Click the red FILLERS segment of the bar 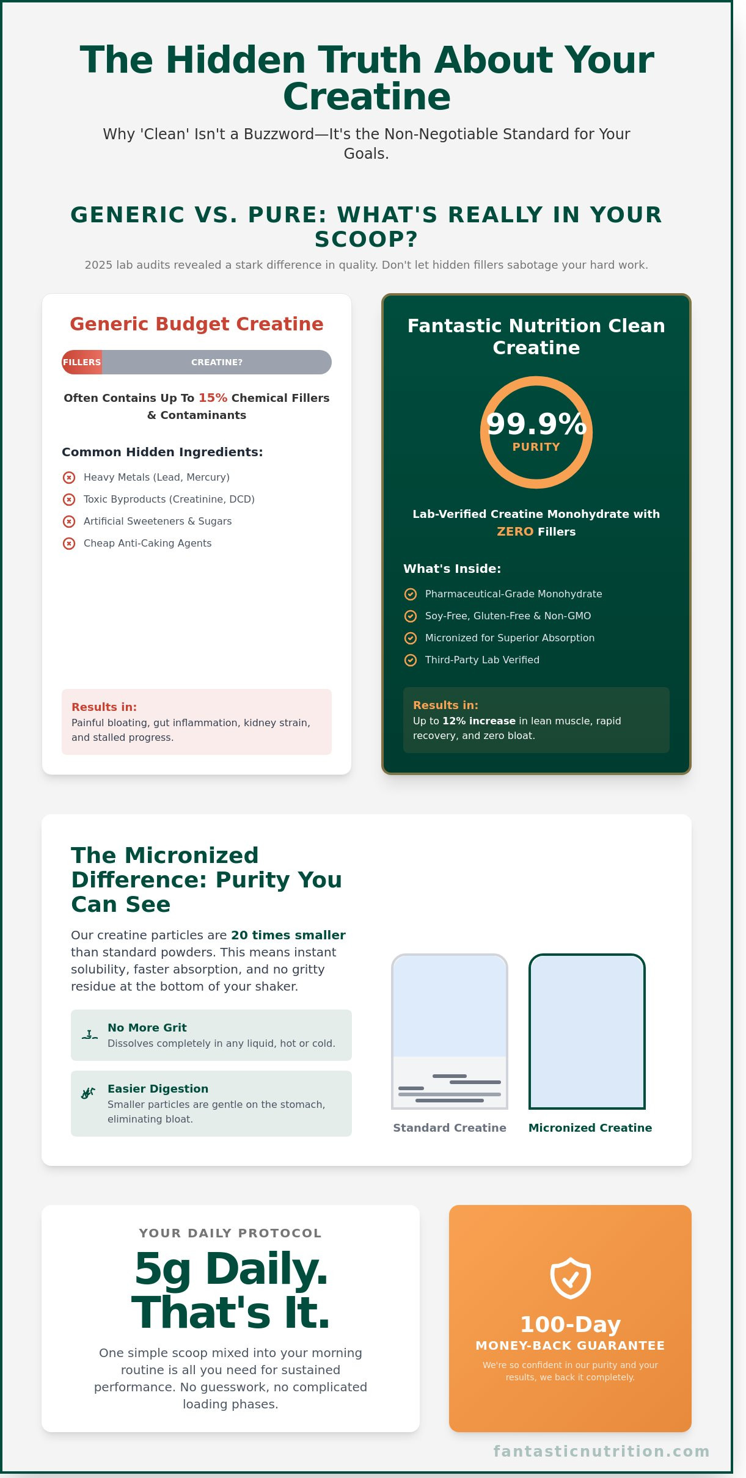[82, 362]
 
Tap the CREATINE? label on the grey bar [217, 362]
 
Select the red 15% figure [213, 398]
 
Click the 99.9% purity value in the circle [536, 424]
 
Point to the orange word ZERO [515, 531]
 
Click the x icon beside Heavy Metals [69, 477]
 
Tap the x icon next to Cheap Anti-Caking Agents [69, 543]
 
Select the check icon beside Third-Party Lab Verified [411, 660]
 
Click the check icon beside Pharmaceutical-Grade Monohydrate [411, 594]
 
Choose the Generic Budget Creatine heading [196, 324]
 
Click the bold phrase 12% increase [478, 721]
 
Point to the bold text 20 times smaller [288, 935]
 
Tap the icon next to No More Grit [89, 1035]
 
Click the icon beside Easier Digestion [89, 1093]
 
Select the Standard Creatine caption [449, 1127]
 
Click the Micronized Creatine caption [590, 1127]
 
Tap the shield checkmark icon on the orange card [570, 1277]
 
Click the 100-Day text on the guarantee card [570, 1324]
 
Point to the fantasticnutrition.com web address [601, 1451]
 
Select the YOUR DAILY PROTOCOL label [230, 1233]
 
